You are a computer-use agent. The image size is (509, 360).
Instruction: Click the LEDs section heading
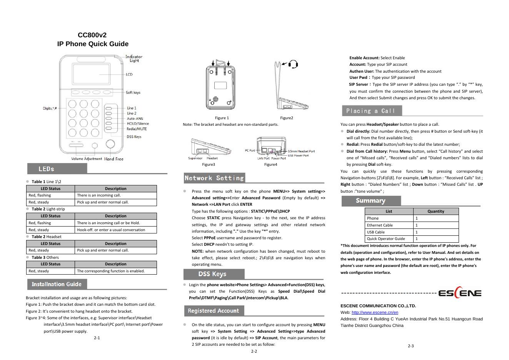47,169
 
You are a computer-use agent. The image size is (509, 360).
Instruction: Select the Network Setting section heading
214,178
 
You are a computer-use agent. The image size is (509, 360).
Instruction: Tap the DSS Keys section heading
212,274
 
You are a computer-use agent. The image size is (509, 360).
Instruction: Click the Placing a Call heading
370,111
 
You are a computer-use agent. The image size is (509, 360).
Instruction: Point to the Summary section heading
370,201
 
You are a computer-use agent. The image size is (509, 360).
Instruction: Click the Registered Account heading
213,311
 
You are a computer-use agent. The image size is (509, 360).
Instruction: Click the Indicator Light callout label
134,58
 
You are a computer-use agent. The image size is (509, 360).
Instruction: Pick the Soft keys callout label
133,93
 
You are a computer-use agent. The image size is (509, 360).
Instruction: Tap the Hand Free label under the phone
114,159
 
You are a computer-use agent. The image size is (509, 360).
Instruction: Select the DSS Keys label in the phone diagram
134,137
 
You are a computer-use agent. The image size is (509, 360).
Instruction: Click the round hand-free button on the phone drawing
110,144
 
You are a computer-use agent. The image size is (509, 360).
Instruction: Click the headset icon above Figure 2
293,64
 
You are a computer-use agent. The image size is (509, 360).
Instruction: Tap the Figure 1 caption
222,118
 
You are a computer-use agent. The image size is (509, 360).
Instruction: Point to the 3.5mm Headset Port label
301,151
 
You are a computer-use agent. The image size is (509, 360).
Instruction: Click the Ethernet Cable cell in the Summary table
380,225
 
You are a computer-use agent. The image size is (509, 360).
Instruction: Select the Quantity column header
436,211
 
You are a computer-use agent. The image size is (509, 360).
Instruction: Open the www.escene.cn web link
375,312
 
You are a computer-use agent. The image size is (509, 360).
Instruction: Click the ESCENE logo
460,293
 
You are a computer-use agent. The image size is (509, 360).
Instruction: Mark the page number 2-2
254,351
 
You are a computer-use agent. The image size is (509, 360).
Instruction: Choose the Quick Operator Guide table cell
386,239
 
